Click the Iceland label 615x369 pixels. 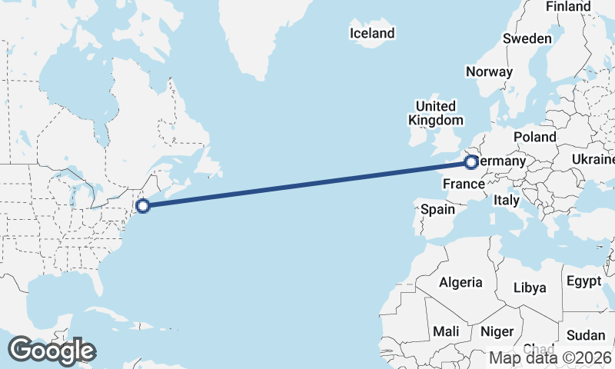[371, 33]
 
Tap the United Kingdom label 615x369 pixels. [436, 113]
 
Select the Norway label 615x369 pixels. [489, 71]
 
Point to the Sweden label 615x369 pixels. [527, 38]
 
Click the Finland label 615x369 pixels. [568, 7]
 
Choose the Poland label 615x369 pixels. [535, 137]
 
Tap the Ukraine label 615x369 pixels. [593, 159]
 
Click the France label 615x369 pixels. [464, 184]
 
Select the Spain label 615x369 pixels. [438, 208]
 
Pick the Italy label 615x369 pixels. [507, 200]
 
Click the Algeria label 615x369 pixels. [460, 282]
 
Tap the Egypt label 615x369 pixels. [584, 281]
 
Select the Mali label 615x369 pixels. [446, 331]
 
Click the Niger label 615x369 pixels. [497, 332]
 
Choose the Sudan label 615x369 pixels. [586, 335]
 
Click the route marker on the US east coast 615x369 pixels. [142, 205]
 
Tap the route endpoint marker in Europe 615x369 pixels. [470, 162]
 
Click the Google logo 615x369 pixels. [52, 351]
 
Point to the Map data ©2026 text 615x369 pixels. [550, 357]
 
